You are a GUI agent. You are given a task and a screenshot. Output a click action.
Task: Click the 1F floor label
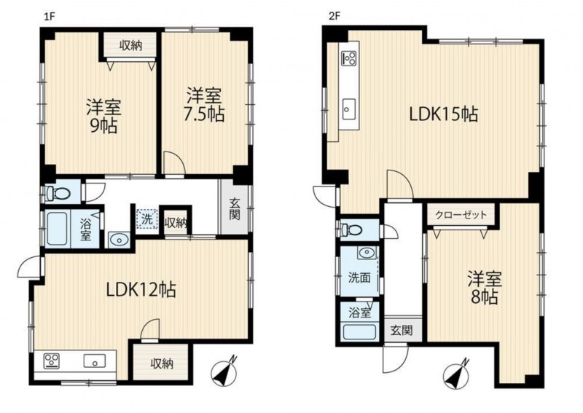[50, 17]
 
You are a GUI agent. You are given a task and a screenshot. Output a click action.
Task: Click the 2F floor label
[334, 17]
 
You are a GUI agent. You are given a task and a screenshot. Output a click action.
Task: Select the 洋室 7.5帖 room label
[204, 104]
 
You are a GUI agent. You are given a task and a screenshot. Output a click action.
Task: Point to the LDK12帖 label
[141, 290]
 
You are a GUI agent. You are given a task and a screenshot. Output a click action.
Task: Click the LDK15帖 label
[444, 114]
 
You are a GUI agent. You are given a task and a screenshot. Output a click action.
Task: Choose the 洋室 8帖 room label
[485, 288]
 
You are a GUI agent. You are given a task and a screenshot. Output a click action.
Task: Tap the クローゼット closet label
[461, 214]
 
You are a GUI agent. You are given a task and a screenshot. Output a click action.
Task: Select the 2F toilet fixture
[351, 229]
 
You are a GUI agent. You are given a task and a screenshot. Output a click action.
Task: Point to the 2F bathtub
[359, 332]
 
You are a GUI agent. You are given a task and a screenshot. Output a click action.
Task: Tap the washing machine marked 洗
[147, 219]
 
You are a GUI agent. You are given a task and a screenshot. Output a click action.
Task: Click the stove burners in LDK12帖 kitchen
[52, 361]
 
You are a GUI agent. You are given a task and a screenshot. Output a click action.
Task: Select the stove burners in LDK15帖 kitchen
[349, 58]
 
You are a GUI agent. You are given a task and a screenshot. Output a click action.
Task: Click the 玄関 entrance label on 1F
[235, 209]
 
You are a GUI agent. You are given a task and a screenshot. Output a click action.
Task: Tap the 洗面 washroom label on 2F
[359, 278]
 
